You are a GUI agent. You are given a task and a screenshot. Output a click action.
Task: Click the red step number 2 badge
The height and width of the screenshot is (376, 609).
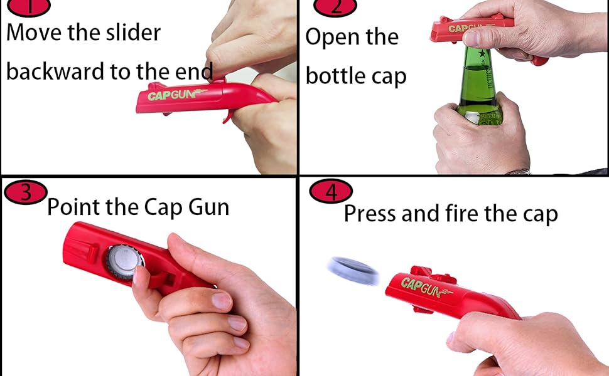335,7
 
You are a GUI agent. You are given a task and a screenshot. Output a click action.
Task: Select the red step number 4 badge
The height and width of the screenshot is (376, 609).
331,192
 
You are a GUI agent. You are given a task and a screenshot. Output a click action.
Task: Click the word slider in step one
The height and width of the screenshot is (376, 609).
129,33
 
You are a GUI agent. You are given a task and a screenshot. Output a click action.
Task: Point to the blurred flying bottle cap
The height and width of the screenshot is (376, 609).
353,271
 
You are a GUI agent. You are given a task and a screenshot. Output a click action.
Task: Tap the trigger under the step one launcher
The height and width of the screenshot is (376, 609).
228,116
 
